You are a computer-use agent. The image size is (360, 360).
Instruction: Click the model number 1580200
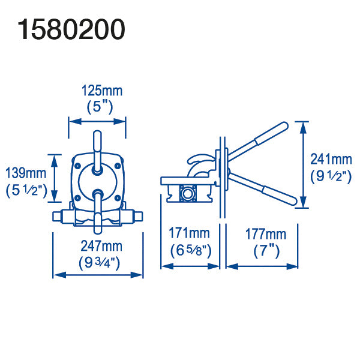(x=71, y=29)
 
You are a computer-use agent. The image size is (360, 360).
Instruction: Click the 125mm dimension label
(x=102, y=91)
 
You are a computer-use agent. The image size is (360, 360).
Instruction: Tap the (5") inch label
(x=100, y=107)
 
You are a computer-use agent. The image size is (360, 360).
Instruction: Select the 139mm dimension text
(x=26, y=173)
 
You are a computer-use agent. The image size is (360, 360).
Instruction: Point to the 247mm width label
(x=101, y=246)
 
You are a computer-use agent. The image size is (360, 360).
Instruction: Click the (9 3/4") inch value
(x=99, y=262)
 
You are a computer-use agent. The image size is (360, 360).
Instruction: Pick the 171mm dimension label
(x=189, y=233)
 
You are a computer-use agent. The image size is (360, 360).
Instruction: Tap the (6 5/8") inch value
(x=191, y=250)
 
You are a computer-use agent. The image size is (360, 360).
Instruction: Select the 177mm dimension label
(x=266, y=234)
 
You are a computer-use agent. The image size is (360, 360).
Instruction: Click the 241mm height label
(x=331, y=159)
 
